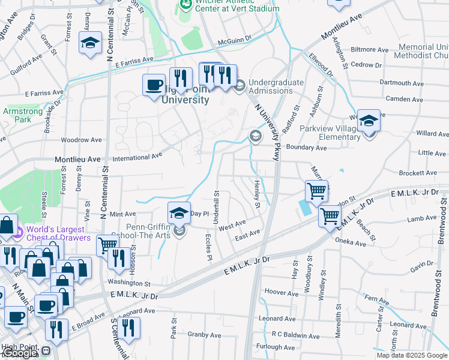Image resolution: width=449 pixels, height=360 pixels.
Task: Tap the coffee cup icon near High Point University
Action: [x=154, y=85]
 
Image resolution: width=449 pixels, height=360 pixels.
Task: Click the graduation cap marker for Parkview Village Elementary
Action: [x=369, y=122]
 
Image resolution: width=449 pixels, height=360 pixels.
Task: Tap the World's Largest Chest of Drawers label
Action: [x=58, y=233]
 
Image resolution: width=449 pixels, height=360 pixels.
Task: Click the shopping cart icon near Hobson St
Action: [x=107, y=244]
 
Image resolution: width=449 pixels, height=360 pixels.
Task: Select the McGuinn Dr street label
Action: [x=235, y=42]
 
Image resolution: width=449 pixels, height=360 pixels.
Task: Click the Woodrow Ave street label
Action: [x=81, y=140]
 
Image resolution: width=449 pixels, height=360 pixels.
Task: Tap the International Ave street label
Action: [x=139, y=155]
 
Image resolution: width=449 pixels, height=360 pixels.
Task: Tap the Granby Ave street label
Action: [x=204, y=335]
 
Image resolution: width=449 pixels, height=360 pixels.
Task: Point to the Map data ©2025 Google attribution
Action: [x=412, y=355]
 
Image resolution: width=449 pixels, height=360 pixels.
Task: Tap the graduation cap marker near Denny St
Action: [x=91, y=44]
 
